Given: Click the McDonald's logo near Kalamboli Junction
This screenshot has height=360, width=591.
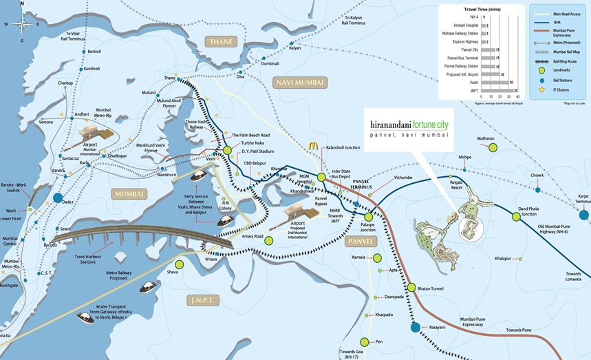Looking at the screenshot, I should point(313,146).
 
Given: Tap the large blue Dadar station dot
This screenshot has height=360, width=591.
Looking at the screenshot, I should point(58,199).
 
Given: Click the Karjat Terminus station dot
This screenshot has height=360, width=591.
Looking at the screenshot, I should point(583,215).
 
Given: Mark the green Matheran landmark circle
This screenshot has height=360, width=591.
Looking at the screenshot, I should point(493,147).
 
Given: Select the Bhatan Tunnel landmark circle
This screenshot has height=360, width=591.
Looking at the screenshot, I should point(411,287).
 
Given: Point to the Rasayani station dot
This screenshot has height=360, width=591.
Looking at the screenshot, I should point(416,328).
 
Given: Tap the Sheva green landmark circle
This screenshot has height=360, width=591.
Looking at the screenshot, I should point(180,264).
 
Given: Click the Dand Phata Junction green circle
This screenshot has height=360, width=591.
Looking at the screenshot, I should point(516,216).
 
